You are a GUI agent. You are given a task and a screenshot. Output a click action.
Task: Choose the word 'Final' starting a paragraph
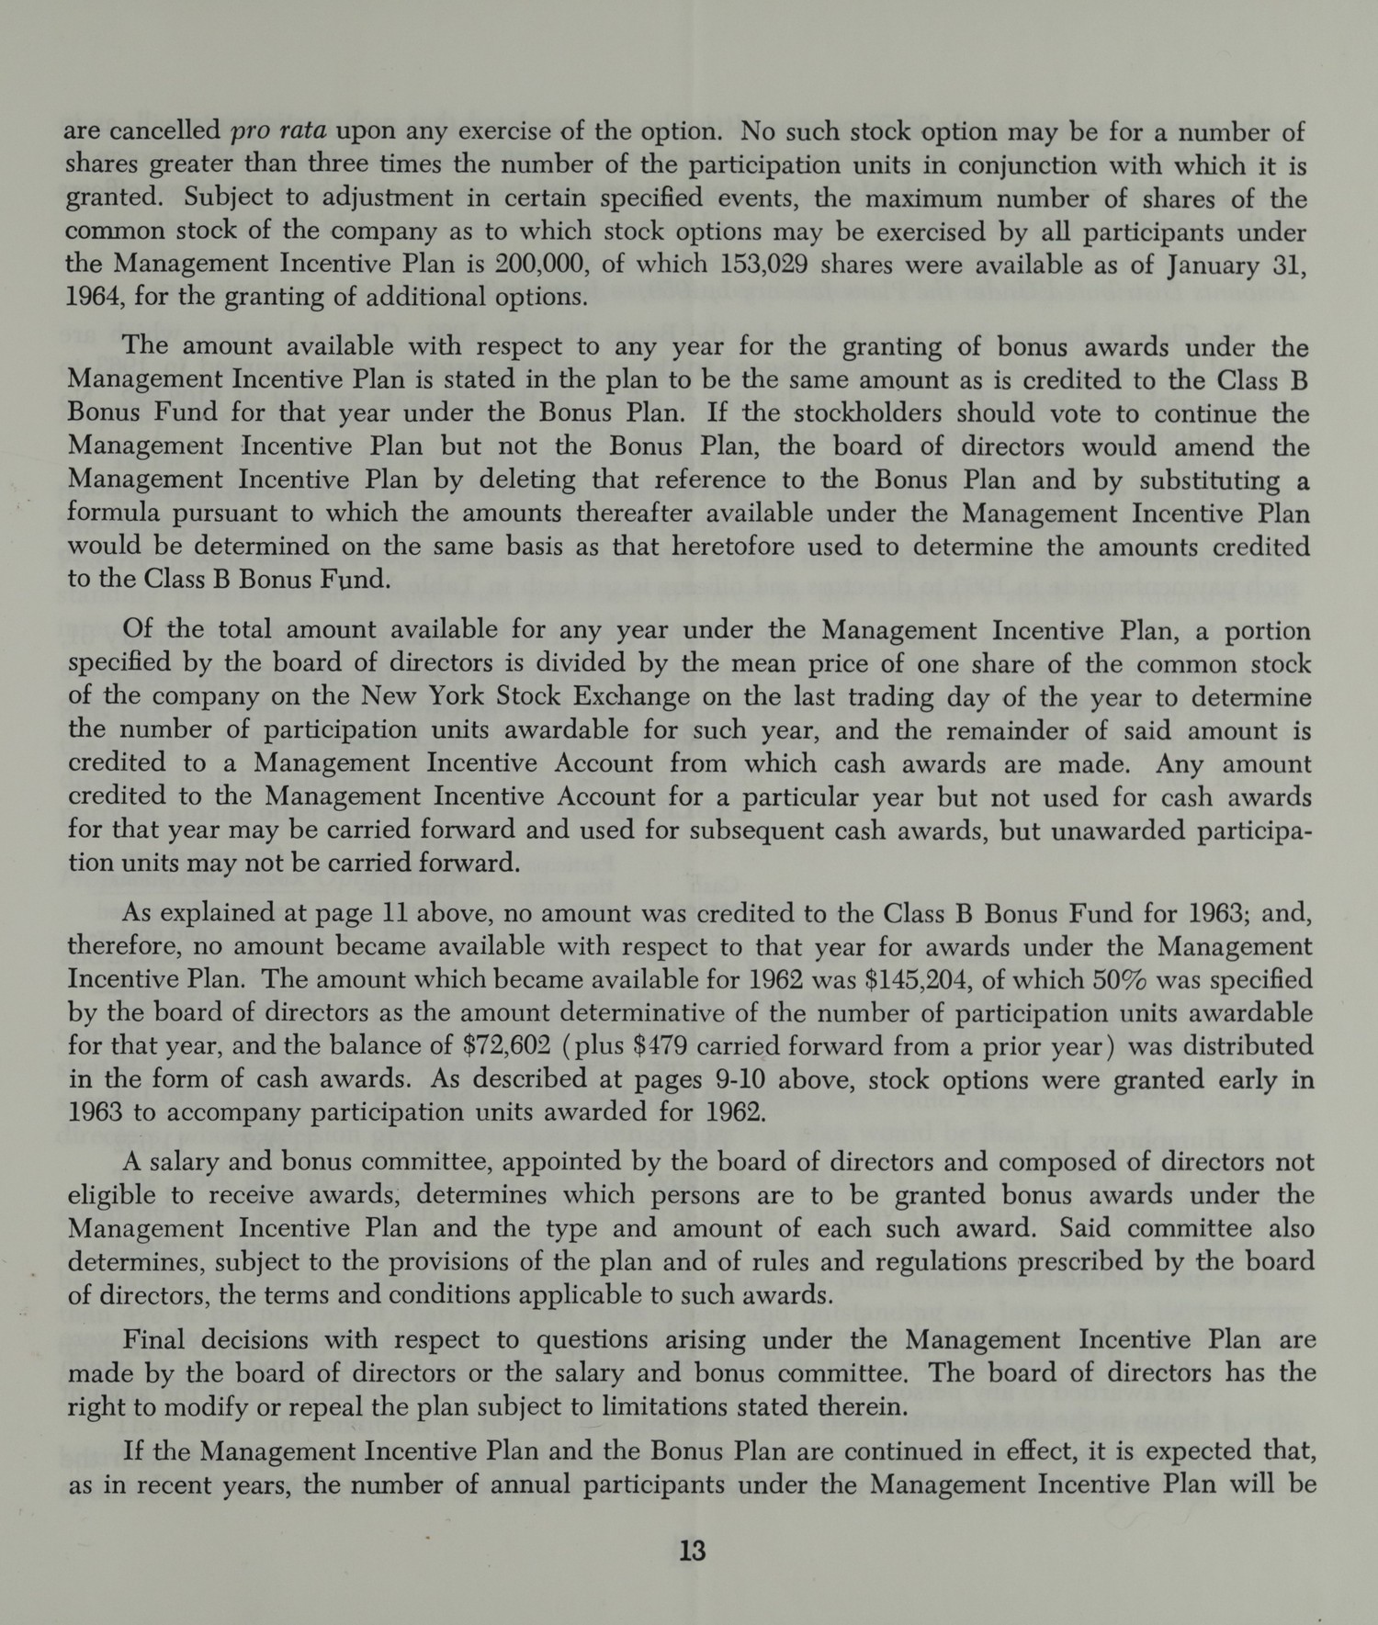(x=153, y=1339)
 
